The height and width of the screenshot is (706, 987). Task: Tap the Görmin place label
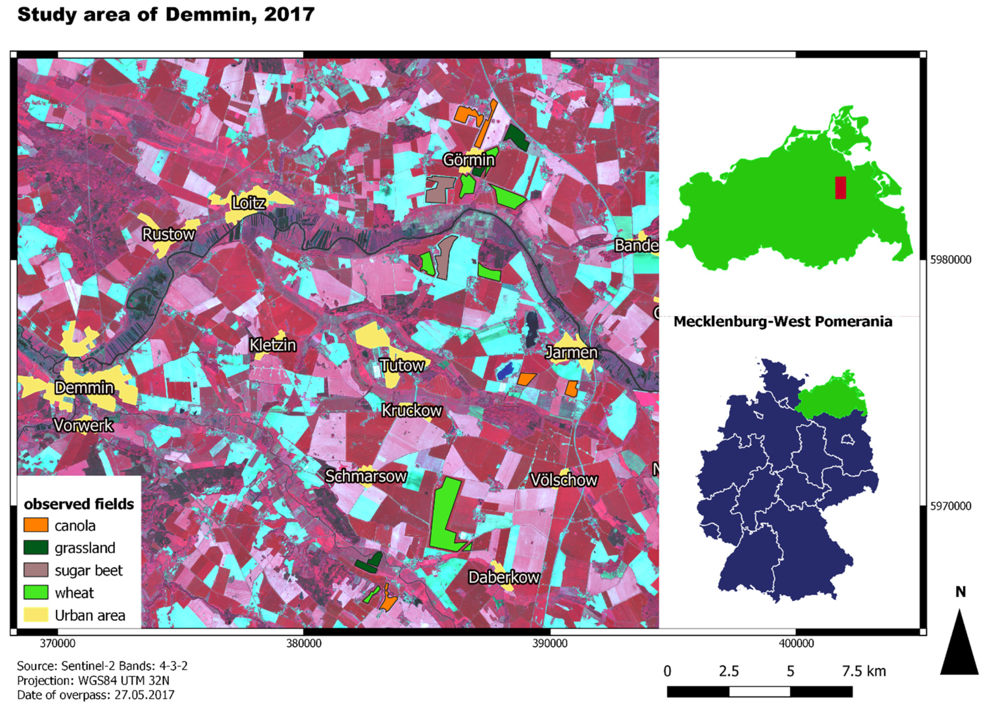point(468,160)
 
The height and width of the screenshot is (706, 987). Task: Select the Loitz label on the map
point(249,203)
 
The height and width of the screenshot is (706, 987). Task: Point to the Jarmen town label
point(571,352)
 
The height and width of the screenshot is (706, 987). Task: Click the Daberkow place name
point(504,577)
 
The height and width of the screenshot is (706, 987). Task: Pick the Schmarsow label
point(366,476)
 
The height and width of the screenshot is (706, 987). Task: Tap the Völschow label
point(563,480)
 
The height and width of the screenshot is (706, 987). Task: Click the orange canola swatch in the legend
point(36,525)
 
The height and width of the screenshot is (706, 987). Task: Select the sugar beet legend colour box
point(36,570)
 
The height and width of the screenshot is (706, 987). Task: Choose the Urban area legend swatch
point(36,615)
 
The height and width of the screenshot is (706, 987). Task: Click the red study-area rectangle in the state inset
point(840,188)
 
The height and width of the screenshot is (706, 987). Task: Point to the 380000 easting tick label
point(304,643)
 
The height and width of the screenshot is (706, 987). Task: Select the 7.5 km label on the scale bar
point(864,671)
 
